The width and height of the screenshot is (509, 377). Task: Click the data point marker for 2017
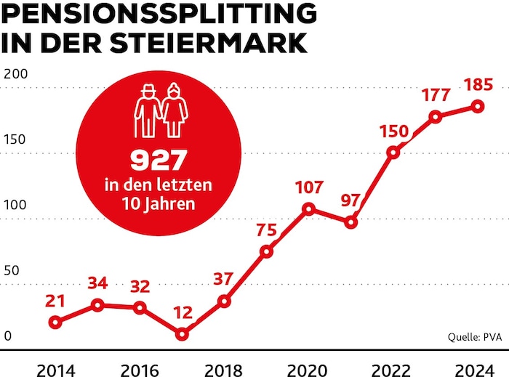[x=182, y=334]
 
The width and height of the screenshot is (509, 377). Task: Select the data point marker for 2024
[x=478, y=106]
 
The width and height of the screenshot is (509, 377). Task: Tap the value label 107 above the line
[x=309, y=187]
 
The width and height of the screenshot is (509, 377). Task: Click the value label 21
[x=55, y=300]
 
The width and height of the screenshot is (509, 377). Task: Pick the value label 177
[x=436, y=95]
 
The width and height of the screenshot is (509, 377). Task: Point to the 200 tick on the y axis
[x=15, y=75]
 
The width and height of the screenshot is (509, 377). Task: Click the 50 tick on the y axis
[x=11, y=270]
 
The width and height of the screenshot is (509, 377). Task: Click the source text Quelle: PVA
[x=473, y=336]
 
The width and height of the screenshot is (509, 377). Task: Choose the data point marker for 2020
[x=309, y=209]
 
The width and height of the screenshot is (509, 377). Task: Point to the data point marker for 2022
[x=393, y=153]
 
